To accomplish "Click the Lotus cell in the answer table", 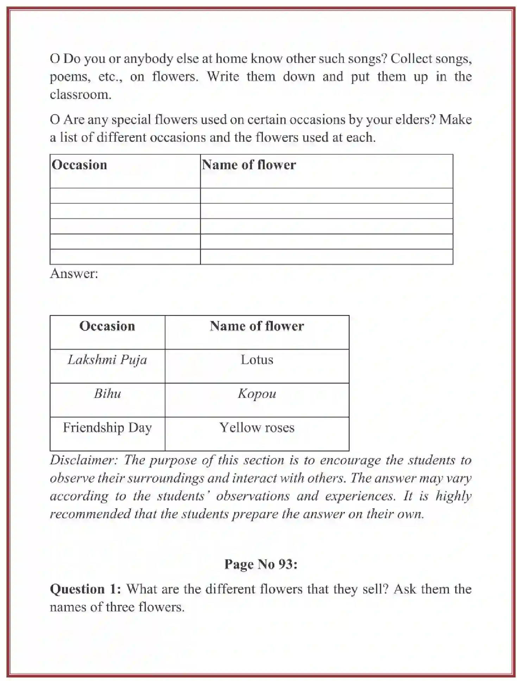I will tap(257, 360).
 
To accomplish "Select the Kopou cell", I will tap(257, 394).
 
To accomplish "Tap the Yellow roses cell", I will tap(257, 428).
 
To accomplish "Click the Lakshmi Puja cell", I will tap(107, 360).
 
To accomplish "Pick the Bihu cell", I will tap(107, 394).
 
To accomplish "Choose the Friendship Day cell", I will tap(107, 428).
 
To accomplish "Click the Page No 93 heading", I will tap(261, 564).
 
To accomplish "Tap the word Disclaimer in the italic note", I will tap(83, 460).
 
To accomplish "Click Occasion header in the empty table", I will tap(79, 165).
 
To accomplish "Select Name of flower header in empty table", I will tap(249, 165).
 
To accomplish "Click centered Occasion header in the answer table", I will tap(107, 326).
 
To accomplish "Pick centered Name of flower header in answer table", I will tap(257, 326).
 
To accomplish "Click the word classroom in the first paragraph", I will tap(80, 95).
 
